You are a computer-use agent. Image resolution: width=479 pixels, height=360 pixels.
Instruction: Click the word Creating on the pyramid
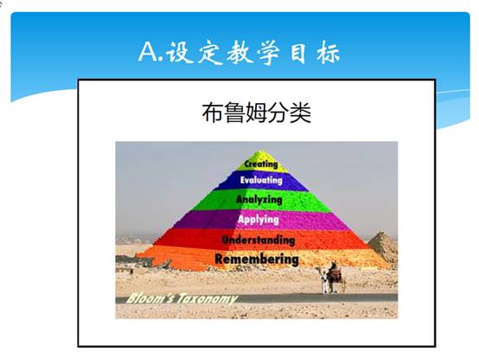(x=261, y=164)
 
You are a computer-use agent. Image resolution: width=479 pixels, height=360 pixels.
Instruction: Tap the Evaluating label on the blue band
(x=261, y=180)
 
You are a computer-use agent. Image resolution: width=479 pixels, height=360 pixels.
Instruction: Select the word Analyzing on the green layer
(x=259, y=200)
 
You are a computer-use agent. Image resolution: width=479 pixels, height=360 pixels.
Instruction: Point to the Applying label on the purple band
(x=259, y=220)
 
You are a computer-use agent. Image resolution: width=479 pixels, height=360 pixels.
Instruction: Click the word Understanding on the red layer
(x=259, y=240)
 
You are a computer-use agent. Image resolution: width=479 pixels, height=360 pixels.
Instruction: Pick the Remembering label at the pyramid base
(x=257, y=260)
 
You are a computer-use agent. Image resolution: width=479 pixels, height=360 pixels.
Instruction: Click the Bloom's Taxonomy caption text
(x=182, y=299)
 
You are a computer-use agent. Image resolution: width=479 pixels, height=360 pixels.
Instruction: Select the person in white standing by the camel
(x=324, y=281)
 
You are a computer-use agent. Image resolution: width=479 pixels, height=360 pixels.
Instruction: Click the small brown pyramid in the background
(x=383, y=248)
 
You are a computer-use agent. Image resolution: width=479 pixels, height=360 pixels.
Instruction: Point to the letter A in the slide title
(x=149, y=52)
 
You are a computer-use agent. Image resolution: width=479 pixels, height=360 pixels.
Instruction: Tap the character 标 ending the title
(x=328, y=52)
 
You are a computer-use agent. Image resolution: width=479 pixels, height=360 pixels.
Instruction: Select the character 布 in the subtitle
(x=213, y=112)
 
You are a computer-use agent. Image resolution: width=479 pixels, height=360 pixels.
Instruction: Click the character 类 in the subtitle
(x=301, y=112)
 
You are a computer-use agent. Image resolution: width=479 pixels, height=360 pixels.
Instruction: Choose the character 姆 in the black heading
(x=257, y=112)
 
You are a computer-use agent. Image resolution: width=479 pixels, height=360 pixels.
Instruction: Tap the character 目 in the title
(x=297, y=52)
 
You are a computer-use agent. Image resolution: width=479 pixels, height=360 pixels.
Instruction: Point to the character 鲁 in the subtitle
(x=234, y=112)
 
